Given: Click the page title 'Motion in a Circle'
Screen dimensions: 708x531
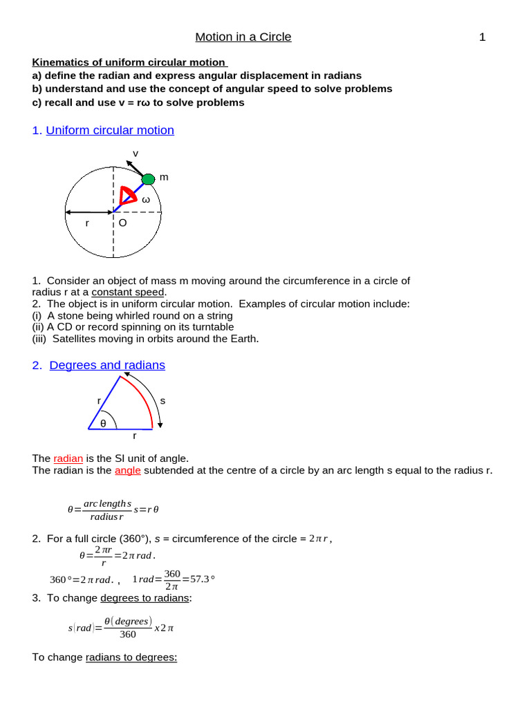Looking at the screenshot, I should (243, 37).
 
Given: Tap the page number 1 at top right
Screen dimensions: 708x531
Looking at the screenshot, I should (483, 37).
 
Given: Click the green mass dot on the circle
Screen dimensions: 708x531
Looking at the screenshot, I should (148, 179).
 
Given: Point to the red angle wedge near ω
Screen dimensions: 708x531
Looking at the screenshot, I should (127, 196).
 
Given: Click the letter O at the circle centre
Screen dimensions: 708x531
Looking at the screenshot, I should (122, 223).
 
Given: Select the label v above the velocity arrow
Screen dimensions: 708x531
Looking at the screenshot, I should (136, 153).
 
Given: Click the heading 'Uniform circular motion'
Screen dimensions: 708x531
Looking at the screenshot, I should (110, 130).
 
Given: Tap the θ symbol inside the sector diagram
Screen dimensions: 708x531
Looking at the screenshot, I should (104, 422).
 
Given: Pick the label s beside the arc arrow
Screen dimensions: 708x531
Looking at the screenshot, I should (162, 400).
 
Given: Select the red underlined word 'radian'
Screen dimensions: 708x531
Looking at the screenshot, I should (68, 458).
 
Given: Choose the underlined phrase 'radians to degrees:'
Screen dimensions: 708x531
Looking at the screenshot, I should (131, 657).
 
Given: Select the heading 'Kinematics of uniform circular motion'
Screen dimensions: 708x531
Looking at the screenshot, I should (130, 63).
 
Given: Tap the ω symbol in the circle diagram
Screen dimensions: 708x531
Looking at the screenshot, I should (146, 200).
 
